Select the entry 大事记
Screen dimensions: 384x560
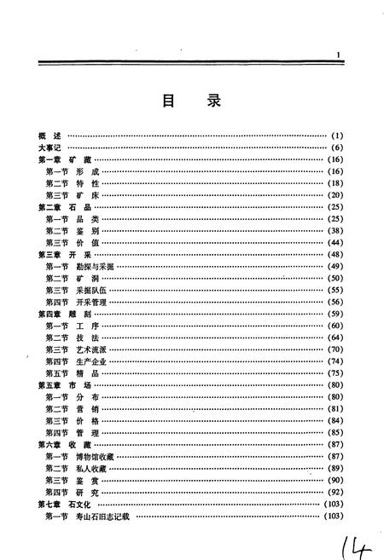tap(51, 148)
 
